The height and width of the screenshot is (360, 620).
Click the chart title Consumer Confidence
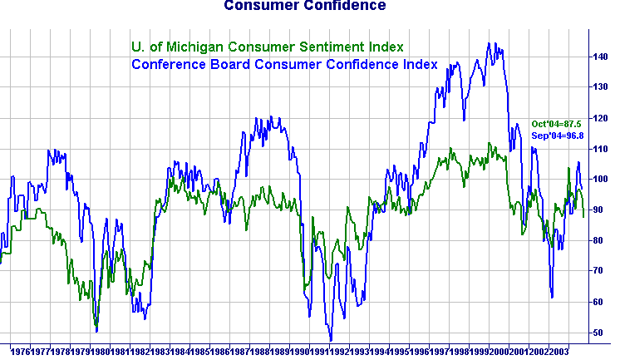click(x=304, y=6)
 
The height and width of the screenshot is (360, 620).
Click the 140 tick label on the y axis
click(x=603, y=57)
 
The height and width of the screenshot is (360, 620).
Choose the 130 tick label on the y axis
click(x=603, y=87)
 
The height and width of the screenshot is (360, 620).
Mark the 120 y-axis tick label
click(x=603, y=118)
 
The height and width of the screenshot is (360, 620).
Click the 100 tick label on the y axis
click(x=603, y=179)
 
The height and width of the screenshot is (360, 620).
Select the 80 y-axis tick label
click(x=601, y=240)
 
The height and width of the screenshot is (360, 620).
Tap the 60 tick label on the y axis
click(x=601, y=302)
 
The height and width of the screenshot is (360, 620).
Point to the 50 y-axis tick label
click(x=601, y=333)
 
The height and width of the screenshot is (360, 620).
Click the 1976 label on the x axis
click(x=20, y=353)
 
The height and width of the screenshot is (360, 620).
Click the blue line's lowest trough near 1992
click(x=331, y=340)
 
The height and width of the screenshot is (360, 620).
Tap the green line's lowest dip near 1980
click(x=96, y=326)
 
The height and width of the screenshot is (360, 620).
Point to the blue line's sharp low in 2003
click(x=552, y=297)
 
